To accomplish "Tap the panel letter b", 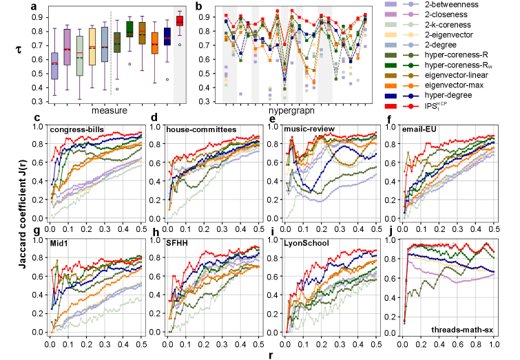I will click(198, 6).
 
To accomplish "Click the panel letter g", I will click(36, 233).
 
